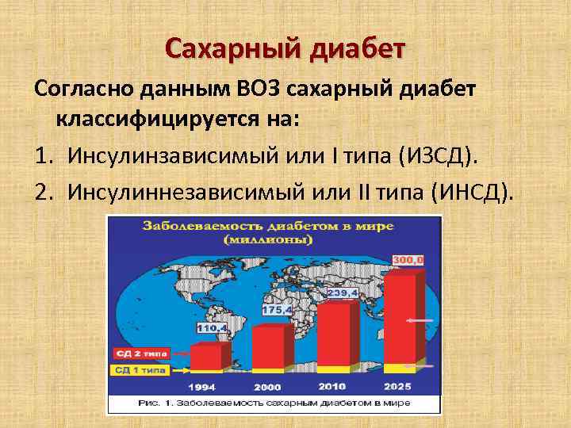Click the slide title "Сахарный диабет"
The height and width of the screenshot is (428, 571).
(x=285, y=49)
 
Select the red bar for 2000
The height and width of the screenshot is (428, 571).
(x=267, y=346)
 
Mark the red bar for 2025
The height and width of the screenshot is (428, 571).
(x=398, y=317)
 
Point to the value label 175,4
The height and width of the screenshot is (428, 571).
(x=277, y=309)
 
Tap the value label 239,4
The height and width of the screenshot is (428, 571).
(x=346, y=292)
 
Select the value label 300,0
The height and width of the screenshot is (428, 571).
(x=409, y=260)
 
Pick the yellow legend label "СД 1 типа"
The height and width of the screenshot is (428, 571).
(x=138, y=369)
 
